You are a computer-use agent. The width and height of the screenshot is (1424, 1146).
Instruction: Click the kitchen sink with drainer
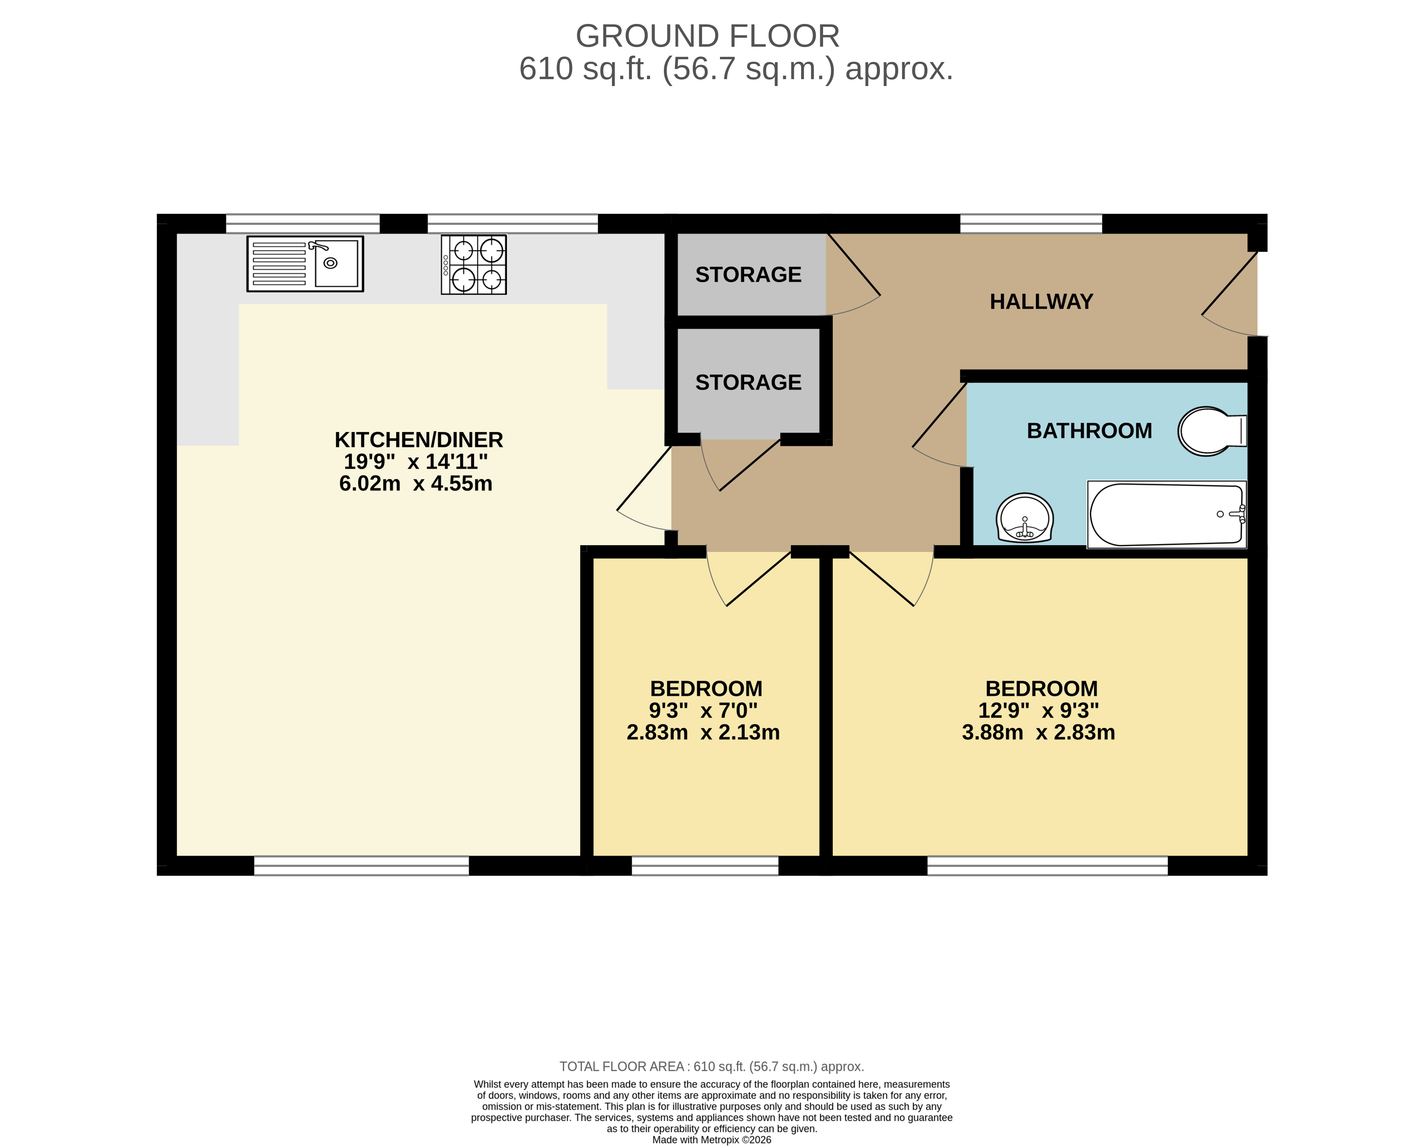point(305,263)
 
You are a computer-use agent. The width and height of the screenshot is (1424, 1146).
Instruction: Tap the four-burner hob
point(473,264)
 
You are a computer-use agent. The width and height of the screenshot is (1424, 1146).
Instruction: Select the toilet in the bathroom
point(1211,431)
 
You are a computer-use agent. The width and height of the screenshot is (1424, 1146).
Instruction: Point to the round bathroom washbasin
point(1024,518)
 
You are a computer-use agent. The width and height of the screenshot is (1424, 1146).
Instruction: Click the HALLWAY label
point(1041,302)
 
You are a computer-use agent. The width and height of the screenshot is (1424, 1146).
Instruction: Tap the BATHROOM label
point(1089,431)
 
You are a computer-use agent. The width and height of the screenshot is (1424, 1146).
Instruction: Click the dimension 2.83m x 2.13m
point(703,732)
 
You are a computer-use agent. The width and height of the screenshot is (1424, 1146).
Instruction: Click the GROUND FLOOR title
point(707,36)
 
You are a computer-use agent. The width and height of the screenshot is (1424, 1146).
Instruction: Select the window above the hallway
point(1031,223)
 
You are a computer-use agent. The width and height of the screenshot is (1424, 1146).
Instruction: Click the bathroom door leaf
point(939,415)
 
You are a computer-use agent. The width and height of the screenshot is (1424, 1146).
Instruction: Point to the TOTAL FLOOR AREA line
point(711,1066)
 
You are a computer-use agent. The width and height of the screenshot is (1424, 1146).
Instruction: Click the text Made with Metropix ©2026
point(711,1140)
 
